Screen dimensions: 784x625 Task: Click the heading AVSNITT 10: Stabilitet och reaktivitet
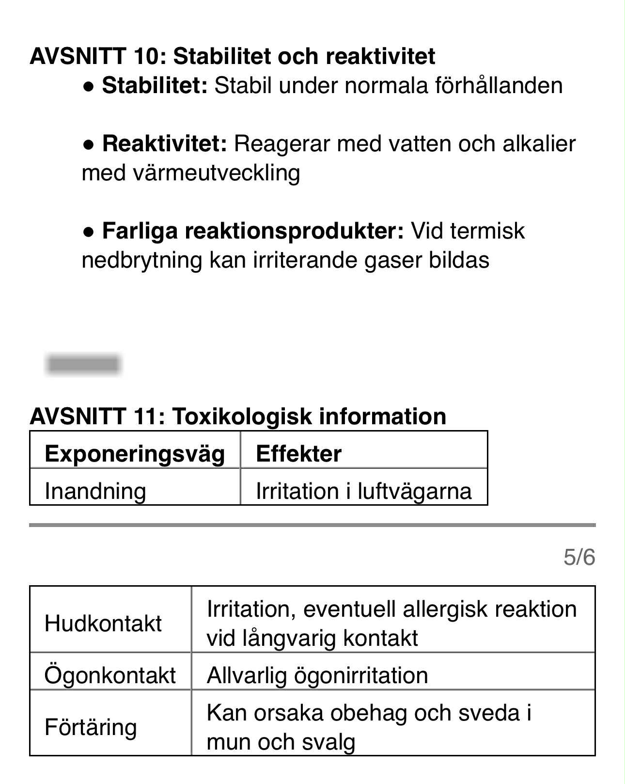click(x=232, y=56)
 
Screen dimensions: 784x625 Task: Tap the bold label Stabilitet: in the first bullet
click(x=155, y=86)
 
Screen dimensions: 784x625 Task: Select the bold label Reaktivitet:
click(x=164, y=144)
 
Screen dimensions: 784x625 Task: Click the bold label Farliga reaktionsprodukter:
click(x=252, y=231)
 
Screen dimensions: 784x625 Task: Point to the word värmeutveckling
click(x=216, y=173)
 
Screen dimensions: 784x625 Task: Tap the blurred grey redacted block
click(x=83, y=364)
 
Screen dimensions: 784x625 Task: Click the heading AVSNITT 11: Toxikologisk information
click(x=238, y=416)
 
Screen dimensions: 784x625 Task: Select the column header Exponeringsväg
click(x=135, y=454)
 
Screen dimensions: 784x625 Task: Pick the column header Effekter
click(x=298, y=454)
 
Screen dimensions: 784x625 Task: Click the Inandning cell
click(x=95, y=491)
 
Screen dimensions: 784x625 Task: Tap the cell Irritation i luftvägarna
click(x=363, y=491)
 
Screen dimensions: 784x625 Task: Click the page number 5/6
click(x=579, y=557)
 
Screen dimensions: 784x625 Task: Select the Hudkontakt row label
click(x=103, y=624)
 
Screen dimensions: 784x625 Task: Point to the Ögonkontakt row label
click(x=110, y=675)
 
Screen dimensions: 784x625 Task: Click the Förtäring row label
click(x=91, y=727)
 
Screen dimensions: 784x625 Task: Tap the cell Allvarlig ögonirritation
click(x=317, y=675)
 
